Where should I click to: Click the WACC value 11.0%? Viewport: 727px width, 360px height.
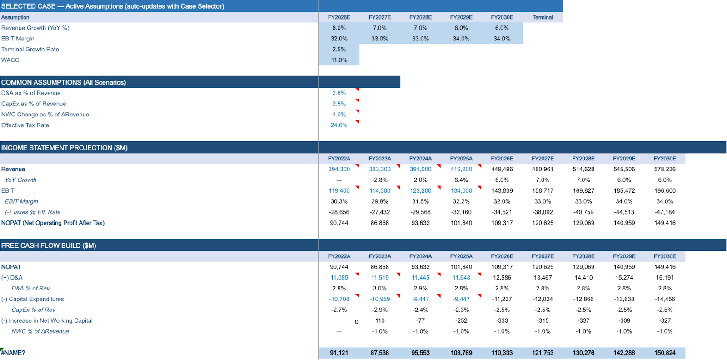[339, 60]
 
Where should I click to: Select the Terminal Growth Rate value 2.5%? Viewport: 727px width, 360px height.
[339, 50]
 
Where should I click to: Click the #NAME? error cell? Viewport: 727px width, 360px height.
[13, 353]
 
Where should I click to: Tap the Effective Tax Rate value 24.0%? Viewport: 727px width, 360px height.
[339, 125]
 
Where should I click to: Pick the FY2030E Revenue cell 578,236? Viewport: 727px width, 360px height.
[665, 169]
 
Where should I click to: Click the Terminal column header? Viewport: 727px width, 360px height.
[543, 17]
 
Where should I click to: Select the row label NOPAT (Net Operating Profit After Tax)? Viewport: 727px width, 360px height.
[53, 223]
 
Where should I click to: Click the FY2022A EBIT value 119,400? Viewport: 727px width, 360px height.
[339, 191]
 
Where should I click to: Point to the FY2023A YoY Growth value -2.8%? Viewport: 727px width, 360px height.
[380, 180]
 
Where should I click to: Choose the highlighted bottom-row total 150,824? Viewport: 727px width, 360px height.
[665, 353]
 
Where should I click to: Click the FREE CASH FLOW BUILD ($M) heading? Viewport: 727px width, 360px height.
[49, 245]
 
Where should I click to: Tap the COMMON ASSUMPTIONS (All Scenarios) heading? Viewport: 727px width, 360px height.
[64, 82]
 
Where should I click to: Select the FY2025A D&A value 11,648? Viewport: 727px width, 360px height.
[461, 278]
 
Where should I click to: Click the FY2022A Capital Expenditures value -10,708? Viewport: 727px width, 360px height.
[339, 299]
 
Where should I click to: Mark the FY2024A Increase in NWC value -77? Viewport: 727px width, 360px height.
[420, 320]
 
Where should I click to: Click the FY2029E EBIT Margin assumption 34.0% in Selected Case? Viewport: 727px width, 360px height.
[461, 39]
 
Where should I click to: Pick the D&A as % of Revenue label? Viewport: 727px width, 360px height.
[31, 93]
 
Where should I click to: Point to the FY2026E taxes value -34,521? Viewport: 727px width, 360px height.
[502, 212]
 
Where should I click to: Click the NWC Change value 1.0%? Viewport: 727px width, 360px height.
[339, 115]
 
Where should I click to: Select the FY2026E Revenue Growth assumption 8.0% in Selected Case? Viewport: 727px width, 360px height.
[339, 28]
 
